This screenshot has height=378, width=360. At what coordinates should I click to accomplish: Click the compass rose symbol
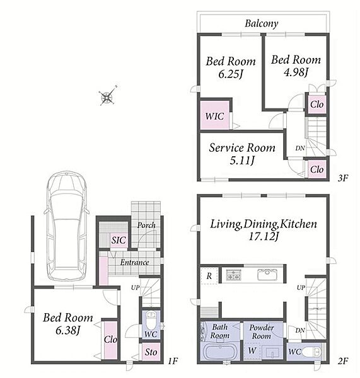pos(107,96)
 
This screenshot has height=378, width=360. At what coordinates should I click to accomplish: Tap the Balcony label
pos(261,23)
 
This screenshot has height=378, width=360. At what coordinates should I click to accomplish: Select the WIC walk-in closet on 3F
pos(214,115)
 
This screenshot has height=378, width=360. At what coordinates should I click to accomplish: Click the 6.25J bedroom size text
pos(230,74)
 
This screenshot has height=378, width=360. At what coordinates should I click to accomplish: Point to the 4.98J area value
pos(296,72)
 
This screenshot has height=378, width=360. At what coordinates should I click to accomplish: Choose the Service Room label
pos(242,147)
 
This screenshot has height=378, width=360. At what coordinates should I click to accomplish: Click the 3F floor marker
pos(342,178)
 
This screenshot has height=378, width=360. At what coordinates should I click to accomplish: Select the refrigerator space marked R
pos(209,275)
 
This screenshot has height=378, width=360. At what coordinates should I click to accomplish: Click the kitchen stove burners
pos(233,275)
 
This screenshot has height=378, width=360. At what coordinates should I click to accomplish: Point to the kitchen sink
pos(267,275)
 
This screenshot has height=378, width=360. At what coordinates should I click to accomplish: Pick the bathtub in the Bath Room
pos(220,352)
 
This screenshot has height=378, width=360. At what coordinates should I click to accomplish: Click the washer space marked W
pos(252,351)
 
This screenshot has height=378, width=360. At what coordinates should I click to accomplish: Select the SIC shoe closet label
pos(119,240)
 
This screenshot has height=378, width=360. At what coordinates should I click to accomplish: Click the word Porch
pos(146,225)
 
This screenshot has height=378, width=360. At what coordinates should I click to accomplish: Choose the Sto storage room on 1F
pos(151,352)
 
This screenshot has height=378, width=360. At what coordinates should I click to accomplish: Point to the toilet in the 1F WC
pos(151,321)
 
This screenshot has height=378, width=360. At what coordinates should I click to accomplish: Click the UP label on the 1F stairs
pos(136,287)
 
